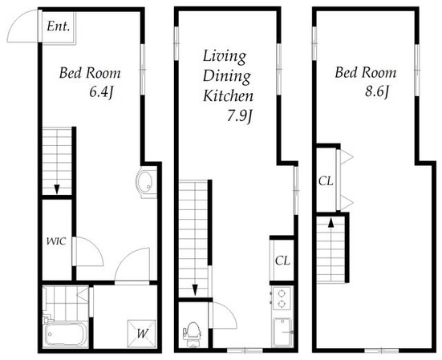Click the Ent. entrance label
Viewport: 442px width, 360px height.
click(58, 26)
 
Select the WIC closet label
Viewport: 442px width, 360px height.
click(56, 241)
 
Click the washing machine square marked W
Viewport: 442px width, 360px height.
click(141, 334)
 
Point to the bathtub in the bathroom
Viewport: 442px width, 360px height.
click(66, 334)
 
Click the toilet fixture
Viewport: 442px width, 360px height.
click(193, 334)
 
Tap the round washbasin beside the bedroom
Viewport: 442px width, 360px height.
click(146, 182)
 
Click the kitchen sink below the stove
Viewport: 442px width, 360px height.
click(282, 333)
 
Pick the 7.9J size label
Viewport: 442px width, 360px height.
click(239, 115)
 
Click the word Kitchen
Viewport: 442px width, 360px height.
click(228, 96)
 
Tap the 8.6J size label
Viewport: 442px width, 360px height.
click(377, 91)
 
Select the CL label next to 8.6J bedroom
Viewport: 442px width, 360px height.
click(326, 181)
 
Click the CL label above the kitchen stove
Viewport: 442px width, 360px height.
click(282, 261)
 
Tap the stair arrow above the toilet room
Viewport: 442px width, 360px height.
click(195, 289)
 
